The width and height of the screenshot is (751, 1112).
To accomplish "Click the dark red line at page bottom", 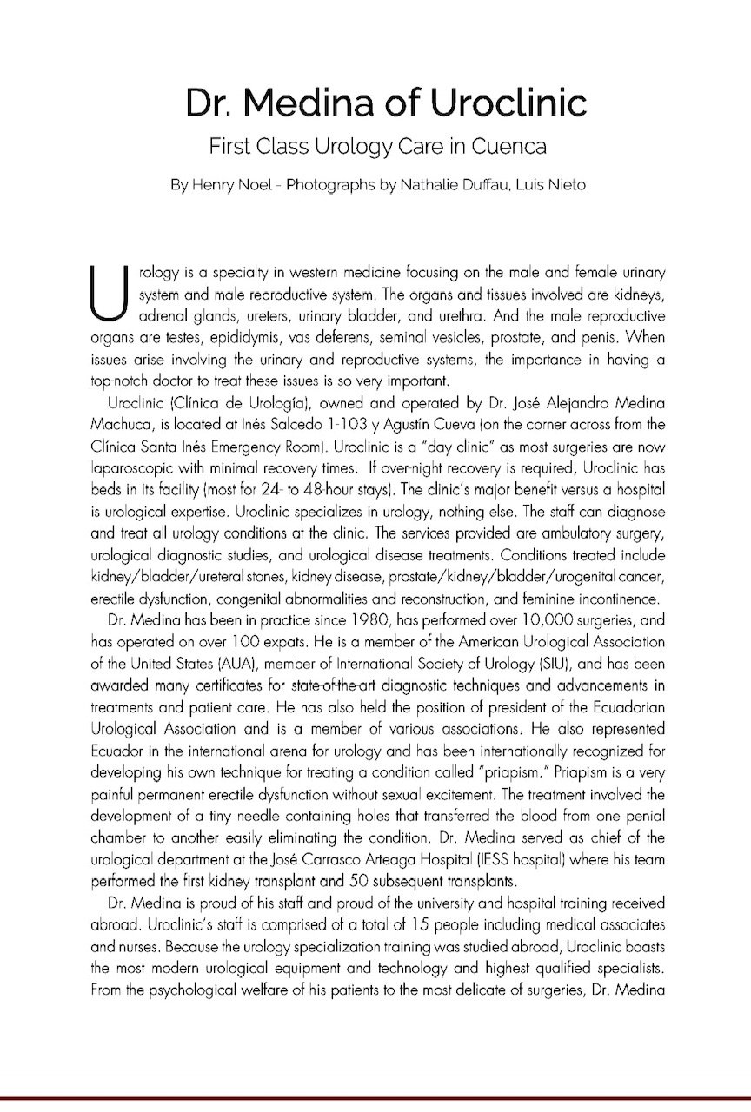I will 375,1099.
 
